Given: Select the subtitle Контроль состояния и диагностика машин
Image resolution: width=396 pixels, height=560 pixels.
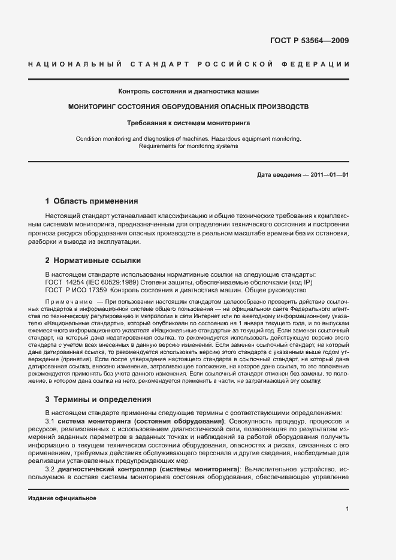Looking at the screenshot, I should coord(189,92).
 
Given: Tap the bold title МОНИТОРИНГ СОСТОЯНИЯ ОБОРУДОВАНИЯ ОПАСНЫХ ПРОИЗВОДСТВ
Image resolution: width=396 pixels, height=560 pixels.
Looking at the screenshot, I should coord(189,107).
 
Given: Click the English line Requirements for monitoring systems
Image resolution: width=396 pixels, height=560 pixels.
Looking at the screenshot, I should coord(189,146).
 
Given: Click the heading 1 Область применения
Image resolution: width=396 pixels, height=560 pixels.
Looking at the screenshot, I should coord(92,201).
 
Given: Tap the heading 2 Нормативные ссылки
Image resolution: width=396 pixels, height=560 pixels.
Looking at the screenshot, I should coord(93,261).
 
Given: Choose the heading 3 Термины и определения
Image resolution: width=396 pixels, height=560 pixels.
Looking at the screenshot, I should coord(98,399).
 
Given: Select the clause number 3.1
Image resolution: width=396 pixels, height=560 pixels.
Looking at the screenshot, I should coord(50,422).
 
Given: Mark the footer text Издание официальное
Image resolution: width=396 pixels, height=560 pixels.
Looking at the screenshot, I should coord(62,498).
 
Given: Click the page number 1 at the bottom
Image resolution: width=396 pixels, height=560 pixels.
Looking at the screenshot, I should coord(347,509).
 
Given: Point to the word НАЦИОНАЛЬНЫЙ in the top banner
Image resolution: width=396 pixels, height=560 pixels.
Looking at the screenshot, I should coord(76,64).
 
